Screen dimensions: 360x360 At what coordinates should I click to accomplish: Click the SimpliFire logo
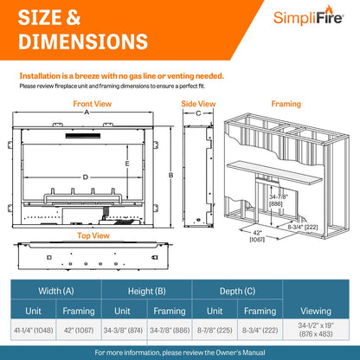[308, 16]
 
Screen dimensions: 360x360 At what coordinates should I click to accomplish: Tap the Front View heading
[93, 104]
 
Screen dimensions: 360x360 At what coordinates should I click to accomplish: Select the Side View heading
[198, 104]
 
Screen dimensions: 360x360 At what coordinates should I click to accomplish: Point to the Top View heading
[93, 235]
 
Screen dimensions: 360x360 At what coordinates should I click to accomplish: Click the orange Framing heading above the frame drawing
[286, 104]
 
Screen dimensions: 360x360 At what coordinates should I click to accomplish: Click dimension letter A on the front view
[87, 112]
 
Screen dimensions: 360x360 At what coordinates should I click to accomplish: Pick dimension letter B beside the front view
[171, 175]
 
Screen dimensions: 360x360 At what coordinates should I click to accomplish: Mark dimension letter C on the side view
[198, 113]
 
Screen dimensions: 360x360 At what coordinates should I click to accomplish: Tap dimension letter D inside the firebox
[85, 177]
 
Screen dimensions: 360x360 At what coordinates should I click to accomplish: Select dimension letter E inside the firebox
[127, 164]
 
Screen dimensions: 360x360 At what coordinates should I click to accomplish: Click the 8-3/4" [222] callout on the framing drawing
[303, 227]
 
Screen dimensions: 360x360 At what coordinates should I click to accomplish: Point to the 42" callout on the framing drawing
[257, 233]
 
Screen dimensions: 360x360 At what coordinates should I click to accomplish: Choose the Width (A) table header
[56, 291]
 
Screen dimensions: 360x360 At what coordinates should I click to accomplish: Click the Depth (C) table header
[237, 291]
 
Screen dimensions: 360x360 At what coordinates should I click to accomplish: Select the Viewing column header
[316, 311]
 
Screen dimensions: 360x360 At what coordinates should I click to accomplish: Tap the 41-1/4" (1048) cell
[34, 330]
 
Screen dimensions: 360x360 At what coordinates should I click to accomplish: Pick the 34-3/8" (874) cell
[123, 330]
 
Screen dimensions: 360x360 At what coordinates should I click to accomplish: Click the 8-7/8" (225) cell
[215, 330]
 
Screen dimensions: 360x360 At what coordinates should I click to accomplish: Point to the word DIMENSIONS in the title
[83, 42]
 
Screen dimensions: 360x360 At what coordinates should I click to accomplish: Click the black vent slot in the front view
[83, 136]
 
